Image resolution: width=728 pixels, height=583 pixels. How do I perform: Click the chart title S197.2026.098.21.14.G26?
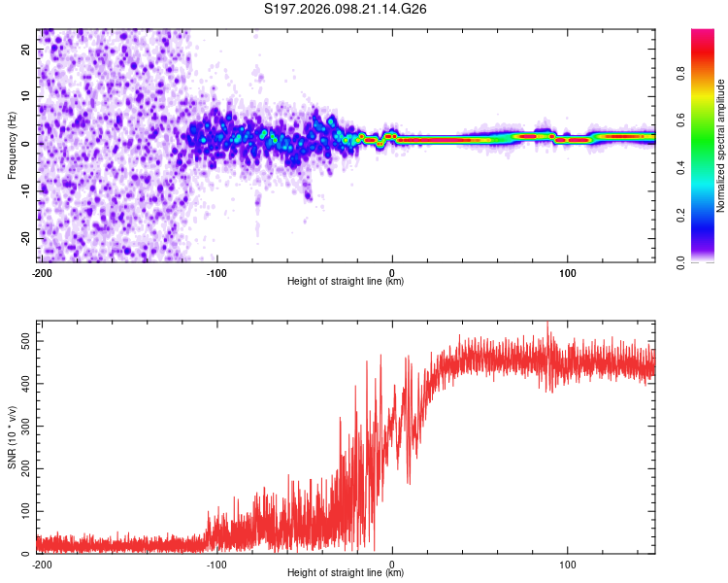coord(347,10)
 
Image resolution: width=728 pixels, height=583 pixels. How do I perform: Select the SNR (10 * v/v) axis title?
coord(12,436)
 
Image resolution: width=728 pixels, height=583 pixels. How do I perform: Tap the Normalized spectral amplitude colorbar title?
coord(721,146)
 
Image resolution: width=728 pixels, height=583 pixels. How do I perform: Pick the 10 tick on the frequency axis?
coord(25,97)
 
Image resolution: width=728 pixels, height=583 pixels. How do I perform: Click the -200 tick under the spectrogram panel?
coord(42,271)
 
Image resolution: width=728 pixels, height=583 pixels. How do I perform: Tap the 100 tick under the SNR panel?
coord(568,563)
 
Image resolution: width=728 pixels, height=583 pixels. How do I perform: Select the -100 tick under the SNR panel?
coord(215,563)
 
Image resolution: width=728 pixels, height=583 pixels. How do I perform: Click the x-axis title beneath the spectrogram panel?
coord(346,282)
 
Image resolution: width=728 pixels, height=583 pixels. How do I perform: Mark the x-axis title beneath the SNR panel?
coord(346,573)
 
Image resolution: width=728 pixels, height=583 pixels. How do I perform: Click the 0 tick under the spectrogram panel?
coord(392,271)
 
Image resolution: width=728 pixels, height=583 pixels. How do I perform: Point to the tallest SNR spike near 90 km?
coord(547,324)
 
